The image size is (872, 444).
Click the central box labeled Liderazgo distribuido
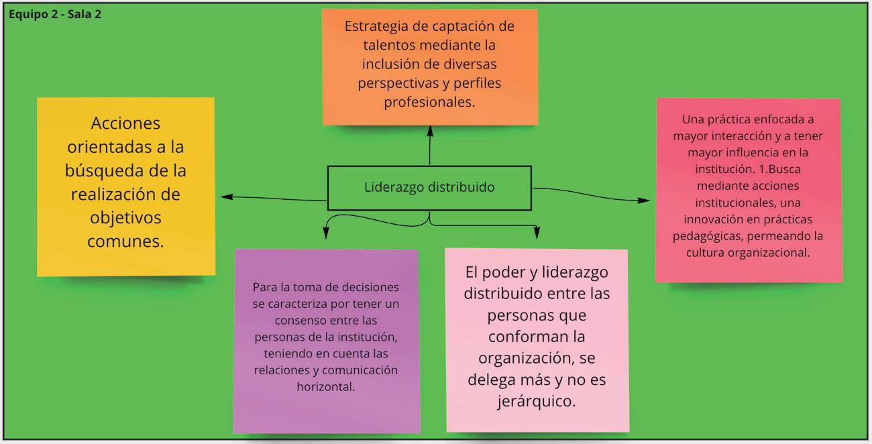tap(429, 187)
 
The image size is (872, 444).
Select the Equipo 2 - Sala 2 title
tap(55, 14)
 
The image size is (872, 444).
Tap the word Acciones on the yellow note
tap(125, 123)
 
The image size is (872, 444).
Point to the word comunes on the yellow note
tap(125, 241)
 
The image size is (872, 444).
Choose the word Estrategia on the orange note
tap(380, 27)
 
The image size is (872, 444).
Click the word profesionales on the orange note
tap(429, 102)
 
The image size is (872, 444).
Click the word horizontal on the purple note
tap(325, 386)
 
